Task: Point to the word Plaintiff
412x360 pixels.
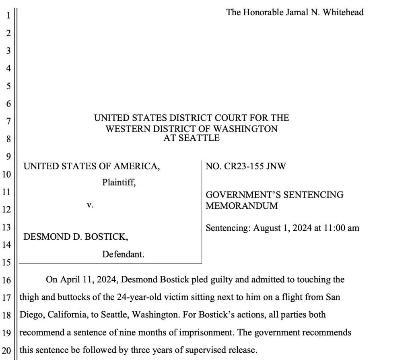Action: click(119, 182)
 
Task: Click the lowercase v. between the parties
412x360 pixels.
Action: click(90, 205)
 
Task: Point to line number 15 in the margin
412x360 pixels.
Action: click(8, 263)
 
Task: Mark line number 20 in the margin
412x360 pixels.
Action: click(8, 350)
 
